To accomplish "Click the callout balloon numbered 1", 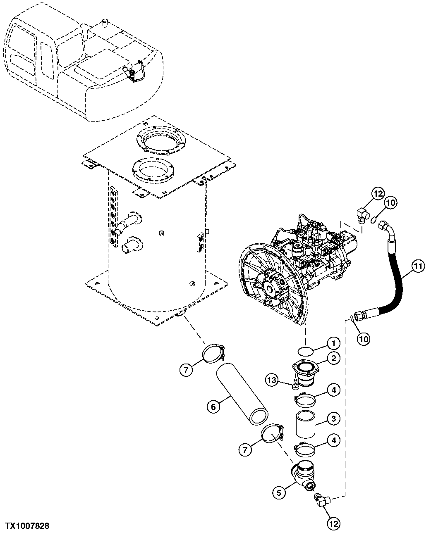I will (x=333, y=342).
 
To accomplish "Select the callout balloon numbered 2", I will (x=333, y=359).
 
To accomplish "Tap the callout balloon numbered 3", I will (x=333, y=418).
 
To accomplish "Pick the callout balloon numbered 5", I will (x=279, y=492).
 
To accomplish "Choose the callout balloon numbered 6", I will (x=213, y=407).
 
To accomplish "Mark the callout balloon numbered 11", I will (x=418, y=266).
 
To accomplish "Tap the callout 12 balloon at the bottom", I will (x=333, y=524).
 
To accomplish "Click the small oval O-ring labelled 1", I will (x=306, y=351).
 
